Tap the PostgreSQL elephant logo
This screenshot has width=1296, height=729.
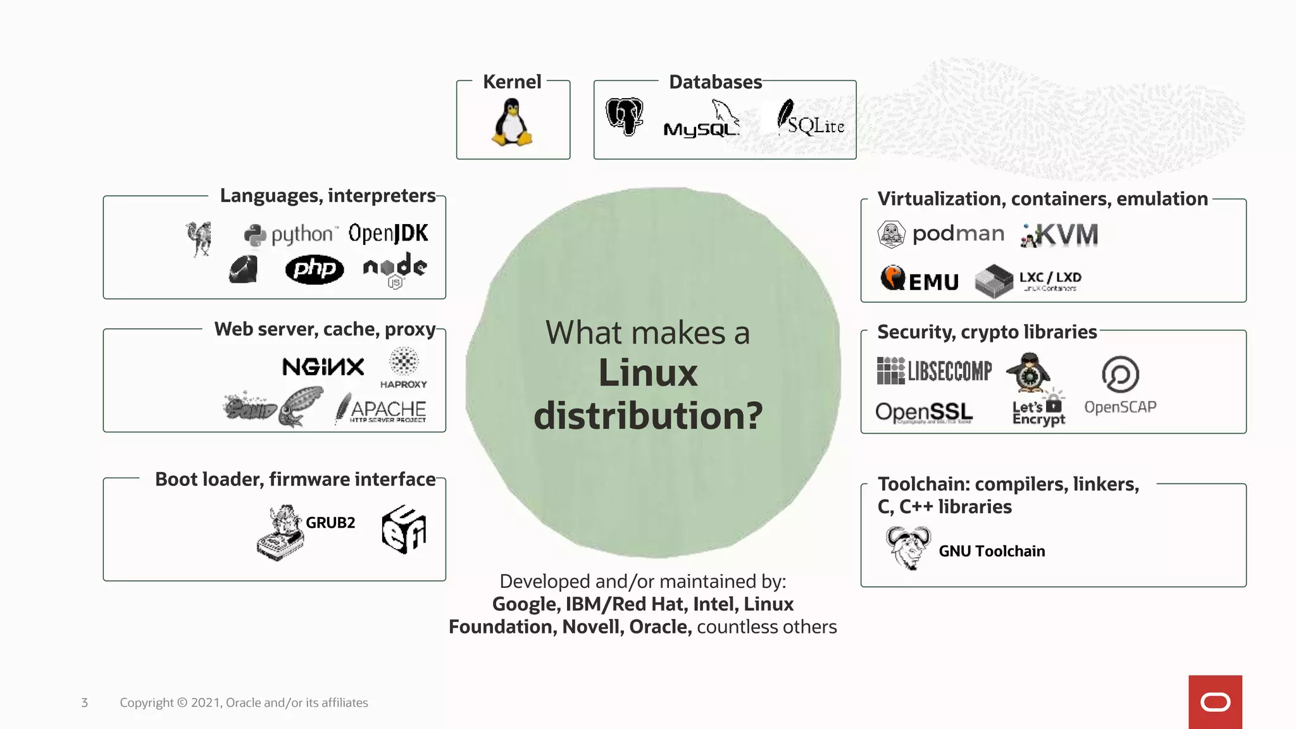tap(624, 116)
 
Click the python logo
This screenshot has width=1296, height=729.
tap(290, 235)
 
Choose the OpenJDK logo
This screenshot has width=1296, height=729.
tap(388, 233)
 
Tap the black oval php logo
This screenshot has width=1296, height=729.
tap(315, 270)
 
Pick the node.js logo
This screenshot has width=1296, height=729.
tap(395, 269)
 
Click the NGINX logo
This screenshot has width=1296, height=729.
tap(323, 366)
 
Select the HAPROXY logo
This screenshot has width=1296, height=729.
tap(404, 368)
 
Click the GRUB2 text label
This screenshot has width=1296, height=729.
tap(330, 523)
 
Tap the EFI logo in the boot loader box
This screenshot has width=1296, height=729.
tap(404, 529)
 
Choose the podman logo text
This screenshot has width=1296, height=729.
tap(958, 234)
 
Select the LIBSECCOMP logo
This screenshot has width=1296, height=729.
tap(934, 371)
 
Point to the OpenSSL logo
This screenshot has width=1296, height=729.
tap(924, 413)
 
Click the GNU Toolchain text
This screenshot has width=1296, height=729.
tap(992, 551)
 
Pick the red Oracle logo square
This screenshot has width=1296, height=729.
tap(1215, 702)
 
